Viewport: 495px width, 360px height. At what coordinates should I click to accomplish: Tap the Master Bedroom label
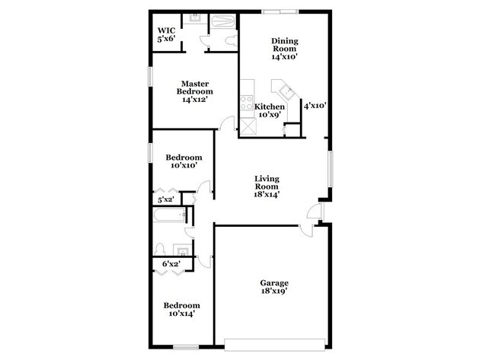[194, 91]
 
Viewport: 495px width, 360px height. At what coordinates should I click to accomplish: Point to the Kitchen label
[270, 107]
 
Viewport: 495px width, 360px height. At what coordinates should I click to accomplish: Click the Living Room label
[267, 186]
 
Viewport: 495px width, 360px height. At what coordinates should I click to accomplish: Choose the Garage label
[274, 286]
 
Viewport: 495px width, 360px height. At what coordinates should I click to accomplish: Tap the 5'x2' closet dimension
[165, 199]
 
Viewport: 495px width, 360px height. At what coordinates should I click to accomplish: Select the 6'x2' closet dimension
[170, 264]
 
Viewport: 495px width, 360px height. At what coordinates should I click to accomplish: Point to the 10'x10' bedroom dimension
[184, 164]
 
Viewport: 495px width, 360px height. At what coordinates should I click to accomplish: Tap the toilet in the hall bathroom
[160, 249]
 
